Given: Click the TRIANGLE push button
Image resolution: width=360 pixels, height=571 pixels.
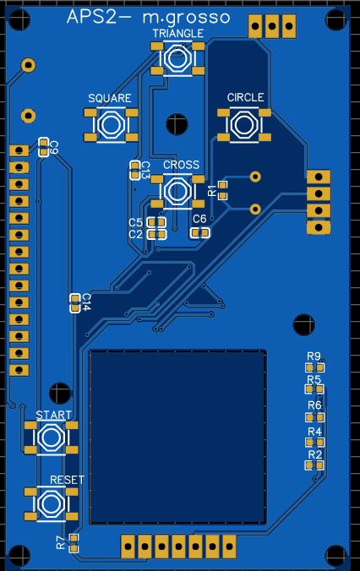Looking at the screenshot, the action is (177, 58).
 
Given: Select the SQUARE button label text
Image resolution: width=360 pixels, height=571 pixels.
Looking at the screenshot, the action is (110, 98).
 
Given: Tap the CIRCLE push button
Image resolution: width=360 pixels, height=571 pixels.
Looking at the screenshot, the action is (244, 124).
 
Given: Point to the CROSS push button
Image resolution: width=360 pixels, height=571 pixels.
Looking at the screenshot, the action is (177, 191).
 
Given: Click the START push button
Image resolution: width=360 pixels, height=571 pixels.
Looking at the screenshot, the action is (51, 438).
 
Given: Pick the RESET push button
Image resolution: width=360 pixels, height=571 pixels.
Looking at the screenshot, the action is (51, 503).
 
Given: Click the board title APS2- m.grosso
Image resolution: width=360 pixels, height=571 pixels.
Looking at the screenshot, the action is (148, 17).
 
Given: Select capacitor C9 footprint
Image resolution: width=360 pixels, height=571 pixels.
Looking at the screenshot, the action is (43, 147).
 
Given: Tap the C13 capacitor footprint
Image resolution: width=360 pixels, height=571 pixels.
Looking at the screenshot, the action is (135, 171).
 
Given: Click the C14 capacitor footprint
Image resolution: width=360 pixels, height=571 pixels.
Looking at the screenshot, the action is (75, 303).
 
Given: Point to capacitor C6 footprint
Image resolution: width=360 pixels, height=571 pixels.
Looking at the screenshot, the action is (200, 232).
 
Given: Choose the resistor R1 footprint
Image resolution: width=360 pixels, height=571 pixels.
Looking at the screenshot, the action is (222, 190).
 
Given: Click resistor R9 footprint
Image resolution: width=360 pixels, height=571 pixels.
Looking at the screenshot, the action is (315, 367).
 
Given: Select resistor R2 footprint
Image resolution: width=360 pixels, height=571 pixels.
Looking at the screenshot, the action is (314, 465).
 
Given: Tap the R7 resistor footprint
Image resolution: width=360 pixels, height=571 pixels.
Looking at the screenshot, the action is (74, 543).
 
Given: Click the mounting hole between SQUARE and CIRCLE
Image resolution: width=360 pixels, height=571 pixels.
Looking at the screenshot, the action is (177, 124).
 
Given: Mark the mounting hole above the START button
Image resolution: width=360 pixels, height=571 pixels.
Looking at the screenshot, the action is (60, 393).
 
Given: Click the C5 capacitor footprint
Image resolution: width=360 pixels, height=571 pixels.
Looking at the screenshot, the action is (156, 222).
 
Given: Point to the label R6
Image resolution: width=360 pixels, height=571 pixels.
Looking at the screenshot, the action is (314, 405).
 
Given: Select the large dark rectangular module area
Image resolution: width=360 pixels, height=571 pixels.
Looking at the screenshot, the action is (177, 437).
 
